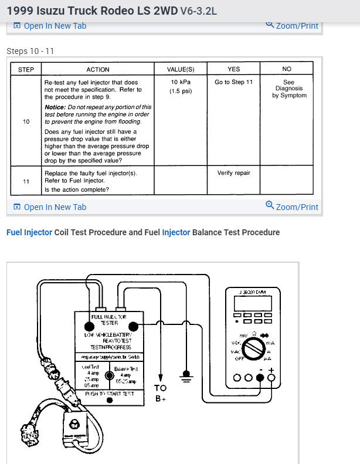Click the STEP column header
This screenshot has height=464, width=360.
[26, 69]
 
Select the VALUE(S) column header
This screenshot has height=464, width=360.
[181, 69]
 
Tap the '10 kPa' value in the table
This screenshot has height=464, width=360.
[181, 82]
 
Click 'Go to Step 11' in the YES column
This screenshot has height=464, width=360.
[233, 82]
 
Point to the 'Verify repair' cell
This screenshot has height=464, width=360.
[233, 173]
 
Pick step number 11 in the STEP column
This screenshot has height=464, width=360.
[26, 181]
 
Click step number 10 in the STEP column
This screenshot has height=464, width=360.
[26, 121]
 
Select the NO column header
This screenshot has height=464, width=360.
[287, 69]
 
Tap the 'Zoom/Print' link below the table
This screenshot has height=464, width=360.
[292, 206]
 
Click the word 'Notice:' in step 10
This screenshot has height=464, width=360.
[57, 107]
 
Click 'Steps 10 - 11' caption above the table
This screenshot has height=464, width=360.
[30, 51]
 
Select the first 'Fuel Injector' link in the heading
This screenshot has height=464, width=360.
[29, 232]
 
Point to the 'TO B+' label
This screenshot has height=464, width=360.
[160, 392]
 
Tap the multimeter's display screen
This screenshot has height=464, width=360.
[252, 304]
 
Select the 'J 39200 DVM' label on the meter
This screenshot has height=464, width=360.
[253, 292]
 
